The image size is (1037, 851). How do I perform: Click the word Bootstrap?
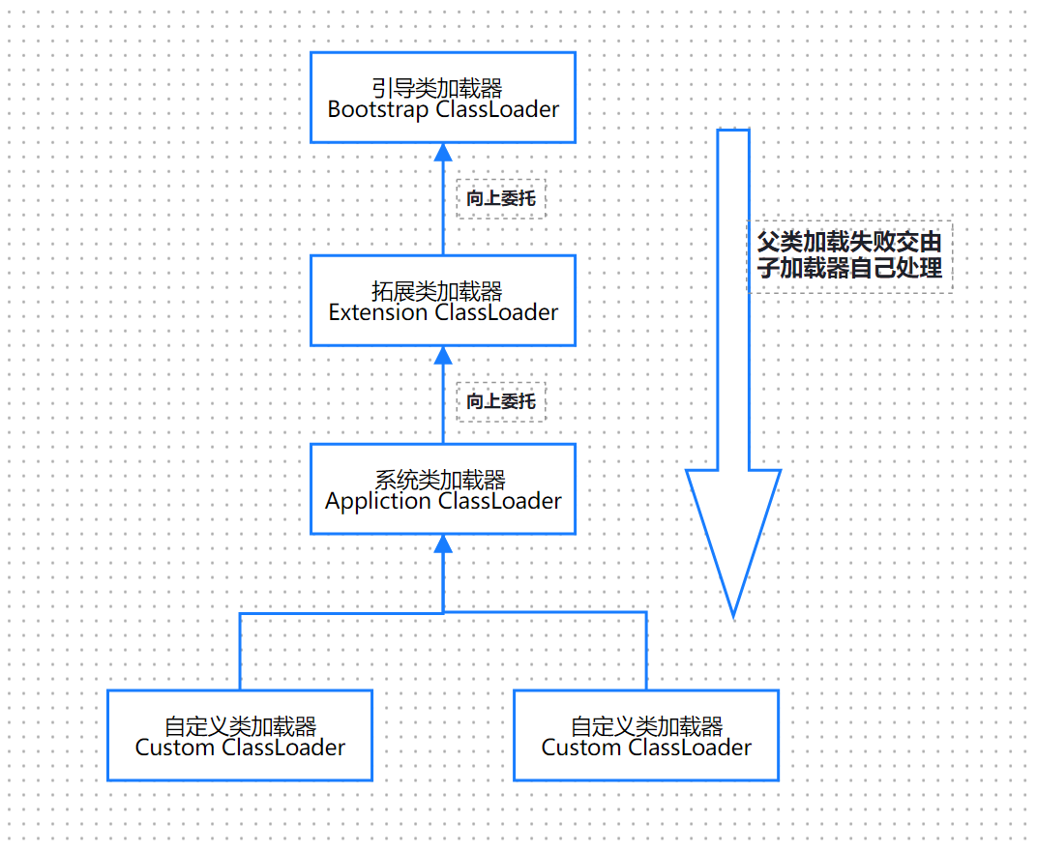pos(378,109)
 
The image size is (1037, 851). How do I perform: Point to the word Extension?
pos(378,312)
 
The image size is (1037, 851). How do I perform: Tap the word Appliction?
pos(378,501)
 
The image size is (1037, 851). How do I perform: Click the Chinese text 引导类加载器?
pos(437,89)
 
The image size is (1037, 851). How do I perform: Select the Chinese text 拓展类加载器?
pos(437,292)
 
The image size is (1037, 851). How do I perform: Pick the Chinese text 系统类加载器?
pos(440,481)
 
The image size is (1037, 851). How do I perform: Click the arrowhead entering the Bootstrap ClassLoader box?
pos(443,153)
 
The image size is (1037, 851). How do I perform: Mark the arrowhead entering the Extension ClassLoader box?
pos(443,356)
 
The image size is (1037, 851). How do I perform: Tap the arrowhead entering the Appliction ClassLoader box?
pos(443,543)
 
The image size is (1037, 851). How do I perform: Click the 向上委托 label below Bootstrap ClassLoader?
pos(500,198)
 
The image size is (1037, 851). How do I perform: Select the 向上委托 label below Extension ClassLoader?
pos(500,400)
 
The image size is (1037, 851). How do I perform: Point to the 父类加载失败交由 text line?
pos(849,242)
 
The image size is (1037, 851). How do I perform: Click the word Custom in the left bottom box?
pos(175,748)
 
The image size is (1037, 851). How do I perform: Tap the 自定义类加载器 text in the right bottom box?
pos(646,726)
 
